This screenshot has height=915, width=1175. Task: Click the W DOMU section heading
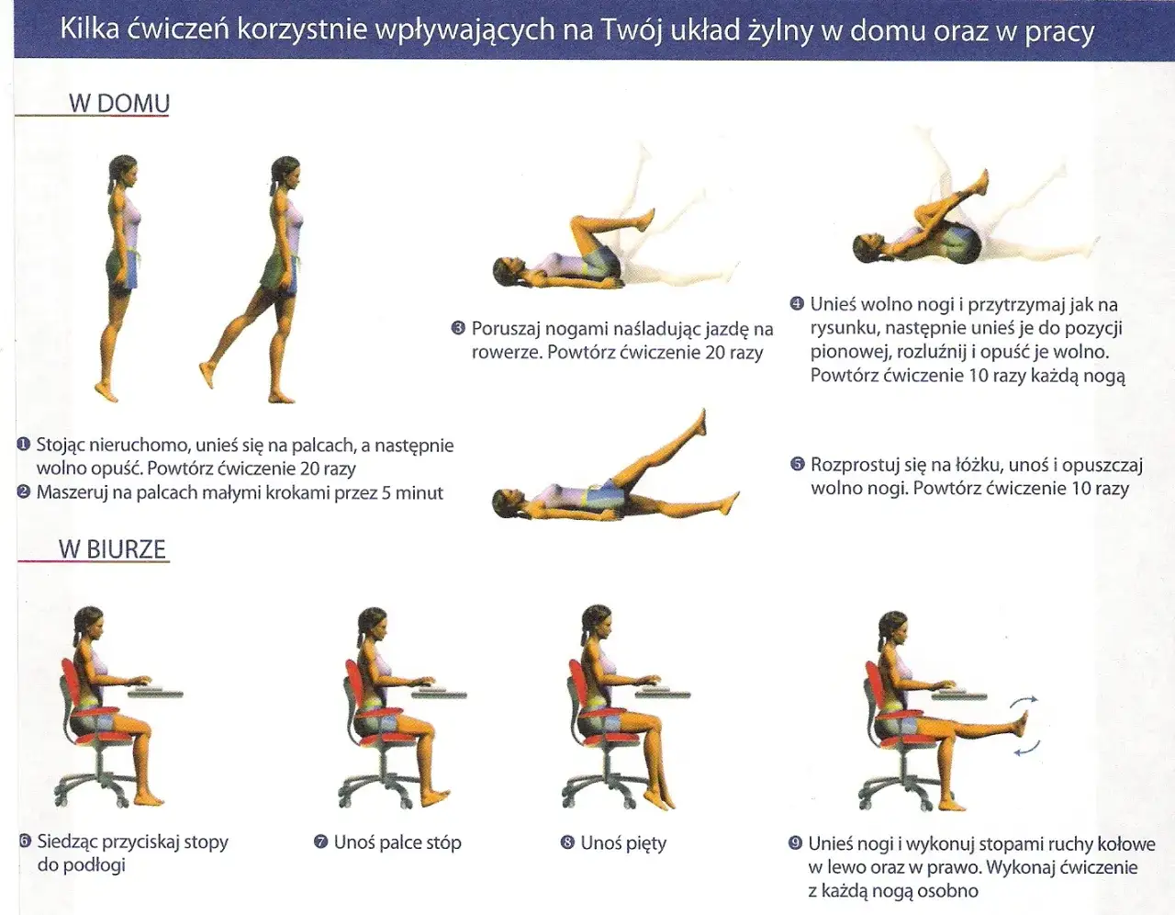[x=119, y=103]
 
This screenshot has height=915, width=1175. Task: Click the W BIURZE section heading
[x=112, y=549]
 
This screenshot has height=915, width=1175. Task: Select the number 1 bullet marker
[x=23, y=445]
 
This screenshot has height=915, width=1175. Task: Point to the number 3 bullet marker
[x=458, y=329]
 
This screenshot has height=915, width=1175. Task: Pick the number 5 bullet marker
[x=798, y=464]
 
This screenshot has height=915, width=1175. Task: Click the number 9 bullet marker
[x=795, y=843]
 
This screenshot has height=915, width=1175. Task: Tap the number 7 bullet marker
[x=320, y=842]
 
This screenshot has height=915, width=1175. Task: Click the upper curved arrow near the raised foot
[x=1024, y=701]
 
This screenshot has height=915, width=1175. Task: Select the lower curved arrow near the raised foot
[x=1027, y=749]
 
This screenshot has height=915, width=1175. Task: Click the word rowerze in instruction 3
[x=506, y=353]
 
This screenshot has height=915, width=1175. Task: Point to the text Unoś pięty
[x=623, y=843]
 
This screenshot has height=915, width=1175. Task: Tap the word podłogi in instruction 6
[x=81, y=865]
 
